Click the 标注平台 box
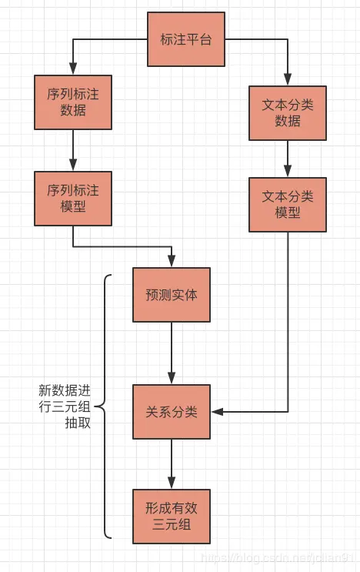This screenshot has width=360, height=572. (x=186, y=38)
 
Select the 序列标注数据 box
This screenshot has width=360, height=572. (x=73, y=102)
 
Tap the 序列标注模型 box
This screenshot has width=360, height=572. (x=73, y=198)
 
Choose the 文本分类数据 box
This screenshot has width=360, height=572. (x=288, y=112)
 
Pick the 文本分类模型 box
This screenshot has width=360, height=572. (x=288, y=205)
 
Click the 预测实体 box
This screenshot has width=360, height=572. (x=172, y=295)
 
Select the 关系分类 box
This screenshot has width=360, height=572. (x=172, y=411)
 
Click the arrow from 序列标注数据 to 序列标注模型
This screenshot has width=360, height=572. (x=73, y=150)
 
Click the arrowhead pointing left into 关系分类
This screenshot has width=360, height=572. (x=217, y=412)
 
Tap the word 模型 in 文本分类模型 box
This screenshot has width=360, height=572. (x=288, y=212)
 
